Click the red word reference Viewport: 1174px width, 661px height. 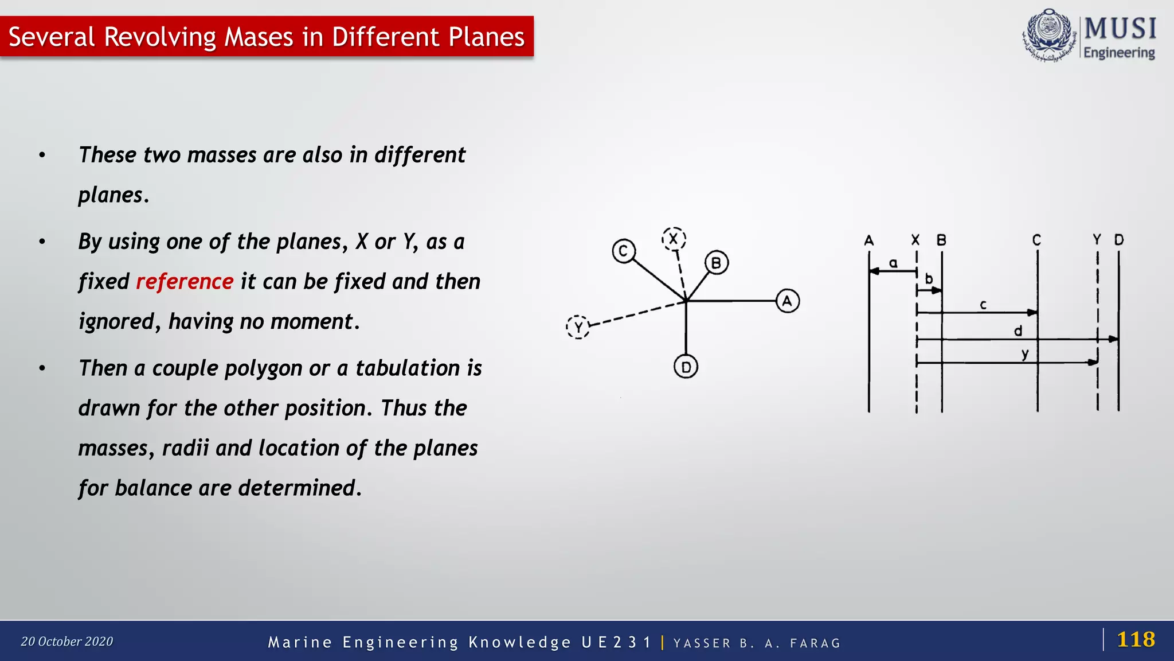pos(185,282)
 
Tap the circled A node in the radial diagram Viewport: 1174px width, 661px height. pos(787,301)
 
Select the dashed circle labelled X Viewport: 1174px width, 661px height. pos(674,239)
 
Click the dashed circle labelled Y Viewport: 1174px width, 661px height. pos(578,327)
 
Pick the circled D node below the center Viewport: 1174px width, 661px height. pos(686,367)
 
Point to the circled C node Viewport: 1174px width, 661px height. pos(623,251)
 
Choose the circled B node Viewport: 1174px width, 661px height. pos(716,263)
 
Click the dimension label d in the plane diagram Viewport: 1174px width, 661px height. pos(1018,331)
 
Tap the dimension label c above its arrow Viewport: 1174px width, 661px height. pos(983,305)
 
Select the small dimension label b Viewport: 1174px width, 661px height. pos(929,279)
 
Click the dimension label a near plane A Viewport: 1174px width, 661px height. pos(893,263)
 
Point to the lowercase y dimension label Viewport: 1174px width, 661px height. pos(1025,355)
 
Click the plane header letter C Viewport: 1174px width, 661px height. pos(1036,240)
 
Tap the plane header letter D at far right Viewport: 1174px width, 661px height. pos(1119,240)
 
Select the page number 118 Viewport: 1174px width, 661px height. pos(1136,639)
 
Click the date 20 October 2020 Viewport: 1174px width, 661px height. pos(67,641)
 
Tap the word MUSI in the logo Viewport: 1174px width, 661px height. pos(1120,28)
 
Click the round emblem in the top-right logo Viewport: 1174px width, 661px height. pos(1049,35)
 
